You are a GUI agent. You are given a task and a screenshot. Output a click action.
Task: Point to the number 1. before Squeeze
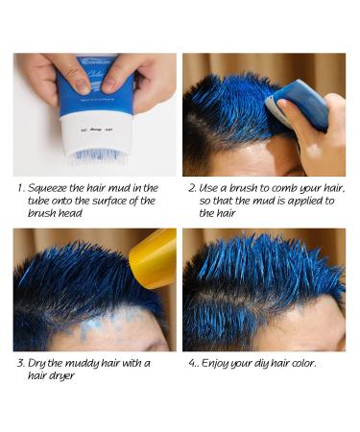[x=22, y=187]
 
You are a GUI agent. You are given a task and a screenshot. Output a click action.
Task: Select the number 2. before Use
[x=192, y=187]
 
